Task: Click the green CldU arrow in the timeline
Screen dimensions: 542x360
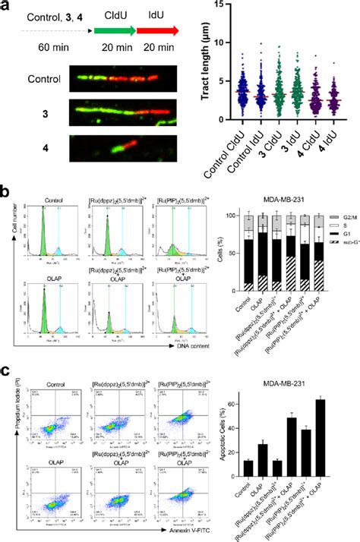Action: pyautogui.click(x=113, y=30)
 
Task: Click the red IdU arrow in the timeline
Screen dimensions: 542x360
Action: pyautogui.click(x=158, y=30)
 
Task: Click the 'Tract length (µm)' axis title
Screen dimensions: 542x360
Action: pyautogui.click(x=207, y=61)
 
